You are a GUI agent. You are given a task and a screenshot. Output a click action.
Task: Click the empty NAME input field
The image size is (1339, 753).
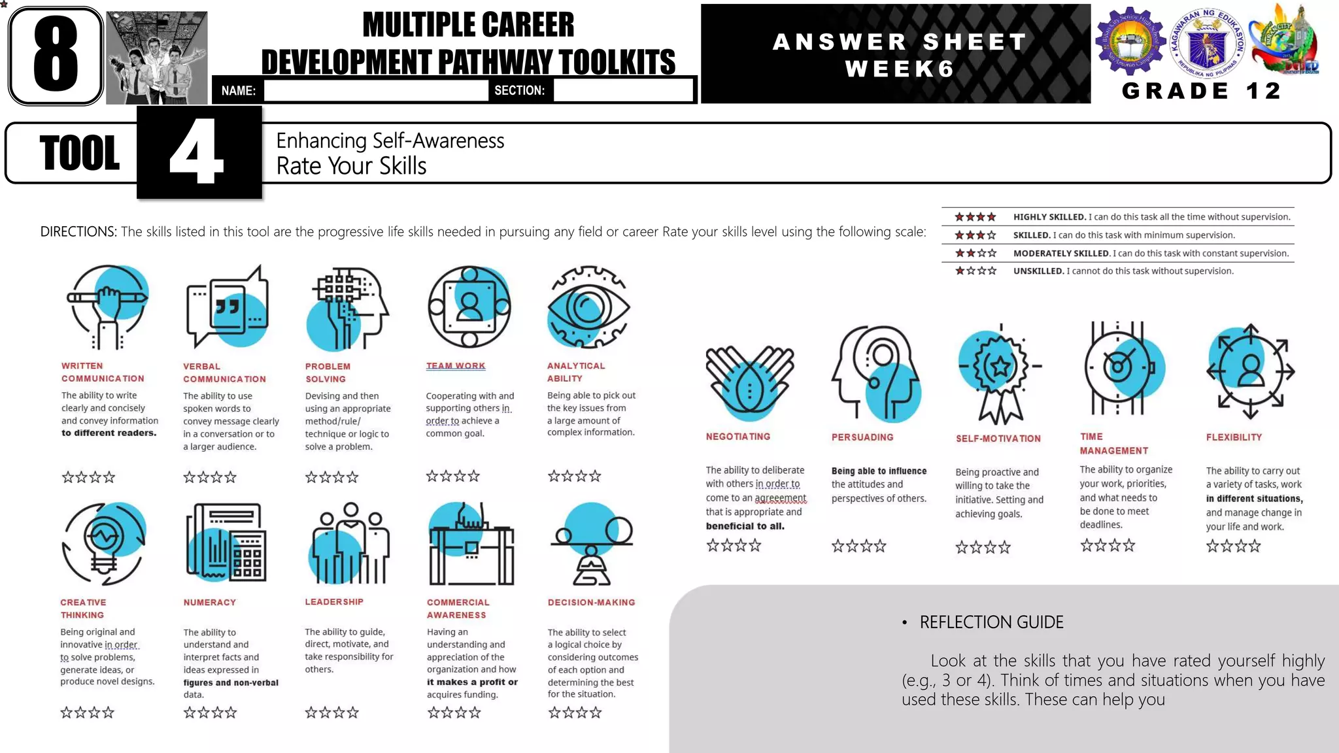point(376,91)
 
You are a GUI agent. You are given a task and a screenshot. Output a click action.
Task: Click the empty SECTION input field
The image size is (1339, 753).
point(622,91)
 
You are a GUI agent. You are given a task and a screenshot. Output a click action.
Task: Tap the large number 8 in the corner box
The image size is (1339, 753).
point(56,55)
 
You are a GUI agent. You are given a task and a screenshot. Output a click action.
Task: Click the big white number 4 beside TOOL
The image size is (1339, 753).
point(197,152)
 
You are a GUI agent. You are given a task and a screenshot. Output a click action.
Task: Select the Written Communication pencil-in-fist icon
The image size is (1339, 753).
point(109,307)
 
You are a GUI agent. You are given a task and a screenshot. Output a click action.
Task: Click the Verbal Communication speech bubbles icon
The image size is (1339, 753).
point(228,307)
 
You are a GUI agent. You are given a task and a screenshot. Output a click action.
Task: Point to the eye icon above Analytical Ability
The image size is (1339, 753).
point(588,307)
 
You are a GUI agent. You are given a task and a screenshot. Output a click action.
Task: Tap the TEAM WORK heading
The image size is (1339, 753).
point(456,366)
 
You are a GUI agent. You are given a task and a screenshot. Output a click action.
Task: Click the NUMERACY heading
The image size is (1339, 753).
point(209,602)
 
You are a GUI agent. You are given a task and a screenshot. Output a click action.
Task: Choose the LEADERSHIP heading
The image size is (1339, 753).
point(334,601)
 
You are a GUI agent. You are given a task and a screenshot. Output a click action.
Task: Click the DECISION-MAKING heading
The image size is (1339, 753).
point(591,602)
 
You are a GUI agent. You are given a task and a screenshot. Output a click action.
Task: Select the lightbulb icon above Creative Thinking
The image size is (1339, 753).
point(103,543)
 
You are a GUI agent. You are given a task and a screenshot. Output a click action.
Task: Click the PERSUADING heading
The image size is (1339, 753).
point(862,437)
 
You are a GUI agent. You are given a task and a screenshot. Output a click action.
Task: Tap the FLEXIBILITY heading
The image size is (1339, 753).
point(1234,437)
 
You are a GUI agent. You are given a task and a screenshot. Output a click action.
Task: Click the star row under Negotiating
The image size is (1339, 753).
point(734,545)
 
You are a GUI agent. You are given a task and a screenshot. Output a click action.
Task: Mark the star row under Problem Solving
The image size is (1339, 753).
point(331,477)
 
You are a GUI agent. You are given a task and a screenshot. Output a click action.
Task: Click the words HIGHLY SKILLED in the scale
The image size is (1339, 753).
point(1049,217)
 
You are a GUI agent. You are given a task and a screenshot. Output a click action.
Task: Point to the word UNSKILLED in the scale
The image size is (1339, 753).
point(1038,271)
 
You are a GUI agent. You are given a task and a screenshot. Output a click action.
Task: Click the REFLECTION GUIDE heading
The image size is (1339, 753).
point(991,622)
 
